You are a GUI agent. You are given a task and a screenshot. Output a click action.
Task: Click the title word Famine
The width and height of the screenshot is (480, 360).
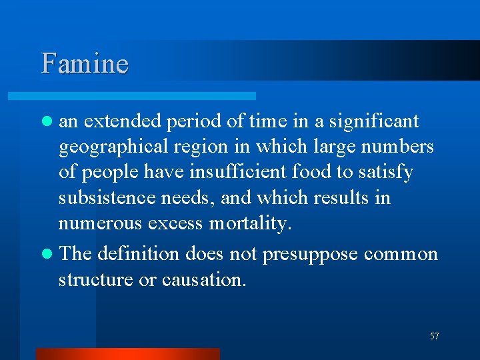click(x=85, y=64)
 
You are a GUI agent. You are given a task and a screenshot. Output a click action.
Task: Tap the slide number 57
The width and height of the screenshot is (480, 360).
click(x=435, y=337)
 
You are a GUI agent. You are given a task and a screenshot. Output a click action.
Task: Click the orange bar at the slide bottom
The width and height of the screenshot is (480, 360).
click(x=127, y=354)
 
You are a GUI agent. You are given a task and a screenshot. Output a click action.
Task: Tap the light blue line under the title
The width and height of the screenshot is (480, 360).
click(x=147, y=96)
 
